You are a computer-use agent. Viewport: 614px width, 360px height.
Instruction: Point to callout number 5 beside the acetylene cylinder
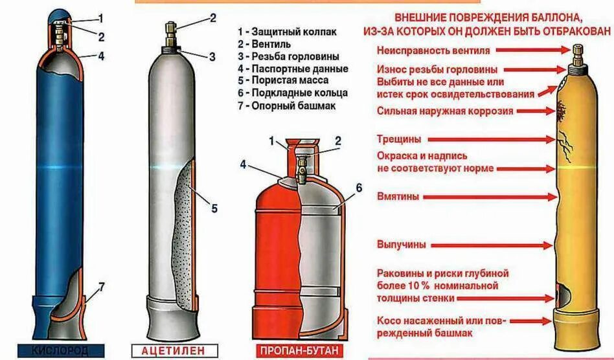pyautogui.click(x=214, y=208)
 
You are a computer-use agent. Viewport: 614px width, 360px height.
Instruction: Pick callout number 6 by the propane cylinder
pyautogui.click(x=359, y=189)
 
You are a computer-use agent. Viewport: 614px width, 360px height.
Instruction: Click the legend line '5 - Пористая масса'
pyautogui.click(x=282, y=81)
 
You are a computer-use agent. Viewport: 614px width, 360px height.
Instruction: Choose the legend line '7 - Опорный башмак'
pyautogui.click(x=286, y=106)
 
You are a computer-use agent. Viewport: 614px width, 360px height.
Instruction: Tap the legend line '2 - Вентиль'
pyautogui.click(x=264, y=44)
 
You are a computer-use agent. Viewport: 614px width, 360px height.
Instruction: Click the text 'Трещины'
pyautogui.click(x=399, y=139)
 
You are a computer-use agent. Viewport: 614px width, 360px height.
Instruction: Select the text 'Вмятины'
pyautogui.click(x=398, y=196)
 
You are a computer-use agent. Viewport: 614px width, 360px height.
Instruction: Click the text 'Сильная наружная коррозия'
pyautogui.click(x=445, y=111)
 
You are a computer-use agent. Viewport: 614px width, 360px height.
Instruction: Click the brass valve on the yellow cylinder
pyautogui.click(x=575, y=51)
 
